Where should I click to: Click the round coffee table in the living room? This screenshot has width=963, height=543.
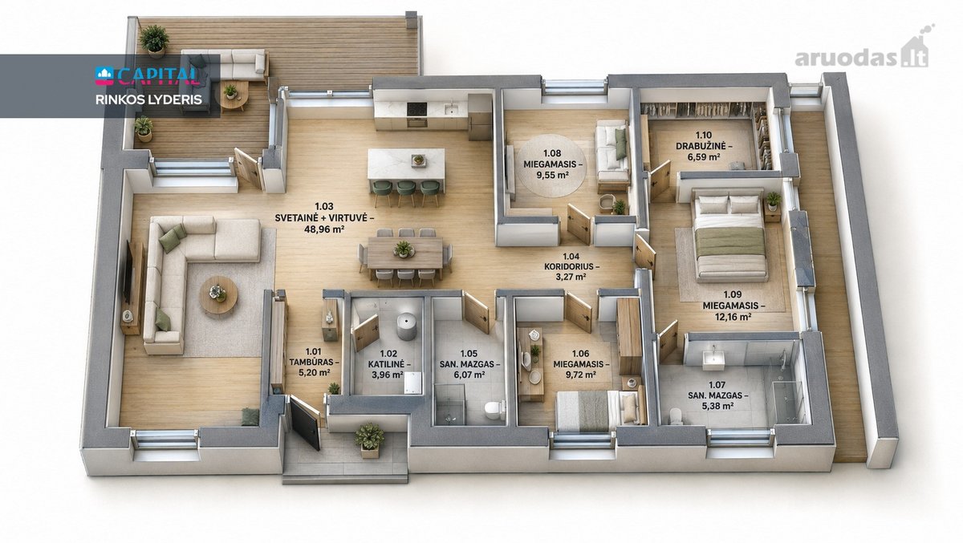tap(218, 294)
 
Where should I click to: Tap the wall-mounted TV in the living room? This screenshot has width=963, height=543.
tap(128, 271)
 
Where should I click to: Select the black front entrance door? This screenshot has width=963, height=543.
tap(304, 423)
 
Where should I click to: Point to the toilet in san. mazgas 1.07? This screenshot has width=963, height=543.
tap(677, 415)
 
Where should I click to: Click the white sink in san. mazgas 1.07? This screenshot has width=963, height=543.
tap(713, 359)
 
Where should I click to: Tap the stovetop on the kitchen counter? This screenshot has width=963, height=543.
tap(416, 109)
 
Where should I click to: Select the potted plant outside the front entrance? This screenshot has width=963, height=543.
tap(369, 440)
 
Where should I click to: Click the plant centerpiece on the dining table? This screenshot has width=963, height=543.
tap(403, 249)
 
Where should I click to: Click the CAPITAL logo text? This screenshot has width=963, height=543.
tap(148, 75)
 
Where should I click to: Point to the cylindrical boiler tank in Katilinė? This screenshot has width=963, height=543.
tap(406, 326)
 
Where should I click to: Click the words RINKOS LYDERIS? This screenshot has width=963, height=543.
tap(148, 99)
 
